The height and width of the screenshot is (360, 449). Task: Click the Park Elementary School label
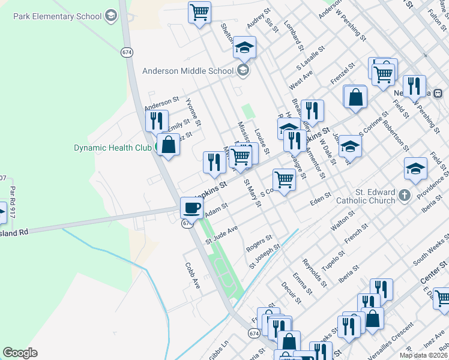coord(58,16)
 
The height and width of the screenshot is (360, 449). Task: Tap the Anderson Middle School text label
coord(187,71)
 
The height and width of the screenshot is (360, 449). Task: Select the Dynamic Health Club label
coord(113,148)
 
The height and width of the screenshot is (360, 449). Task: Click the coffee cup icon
coord(192,208)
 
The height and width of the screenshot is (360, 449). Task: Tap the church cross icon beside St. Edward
coord(405,195)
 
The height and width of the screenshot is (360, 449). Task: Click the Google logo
coord(20,353)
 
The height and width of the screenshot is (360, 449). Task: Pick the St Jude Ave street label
coord(222,235)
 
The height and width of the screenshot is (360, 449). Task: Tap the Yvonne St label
coord(193,111)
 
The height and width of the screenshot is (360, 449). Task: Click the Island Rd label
coord(14,232)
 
